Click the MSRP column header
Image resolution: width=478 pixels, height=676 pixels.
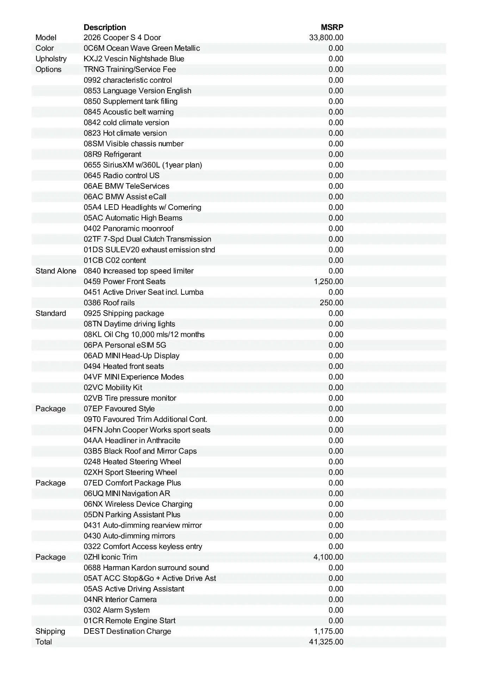tap(332, 27)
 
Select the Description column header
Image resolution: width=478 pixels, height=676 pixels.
tap(105, 27)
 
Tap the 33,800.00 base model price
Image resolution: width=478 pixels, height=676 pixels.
tap(326, 38)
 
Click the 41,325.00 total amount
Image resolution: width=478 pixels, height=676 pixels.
tap(326, 642)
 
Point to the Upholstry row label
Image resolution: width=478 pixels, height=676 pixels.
tap(51, 59)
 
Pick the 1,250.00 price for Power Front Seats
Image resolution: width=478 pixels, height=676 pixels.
tap(328, 282)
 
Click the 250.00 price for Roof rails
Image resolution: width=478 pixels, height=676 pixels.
tap(331, 303)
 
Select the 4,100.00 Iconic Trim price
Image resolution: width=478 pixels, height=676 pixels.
tap(328, 557)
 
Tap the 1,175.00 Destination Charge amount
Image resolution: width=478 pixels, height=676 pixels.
tap(328, 631)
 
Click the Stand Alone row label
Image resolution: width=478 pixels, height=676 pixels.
tap(56, 271)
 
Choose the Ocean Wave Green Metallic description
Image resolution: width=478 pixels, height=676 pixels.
tap(142, 48)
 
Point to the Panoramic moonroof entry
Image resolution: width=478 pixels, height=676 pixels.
tap(129, 229)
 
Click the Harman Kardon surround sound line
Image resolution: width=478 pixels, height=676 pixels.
tap(146, 568)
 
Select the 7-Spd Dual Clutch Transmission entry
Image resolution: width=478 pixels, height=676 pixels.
tap(147, 239)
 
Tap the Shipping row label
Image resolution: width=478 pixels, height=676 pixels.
tap(50, 631)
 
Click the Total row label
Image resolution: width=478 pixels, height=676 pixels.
tap(44, 642)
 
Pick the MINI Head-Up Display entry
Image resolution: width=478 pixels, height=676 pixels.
tap(131, 356)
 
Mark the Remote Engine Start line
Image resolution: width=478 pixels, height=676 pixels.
tap(130, 621)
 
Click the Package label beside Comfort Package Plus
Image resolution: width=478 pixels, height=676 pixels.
tap(50, 483)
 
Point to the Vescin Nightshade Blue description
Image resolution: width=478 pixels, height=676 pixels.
tap(134, 59)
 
